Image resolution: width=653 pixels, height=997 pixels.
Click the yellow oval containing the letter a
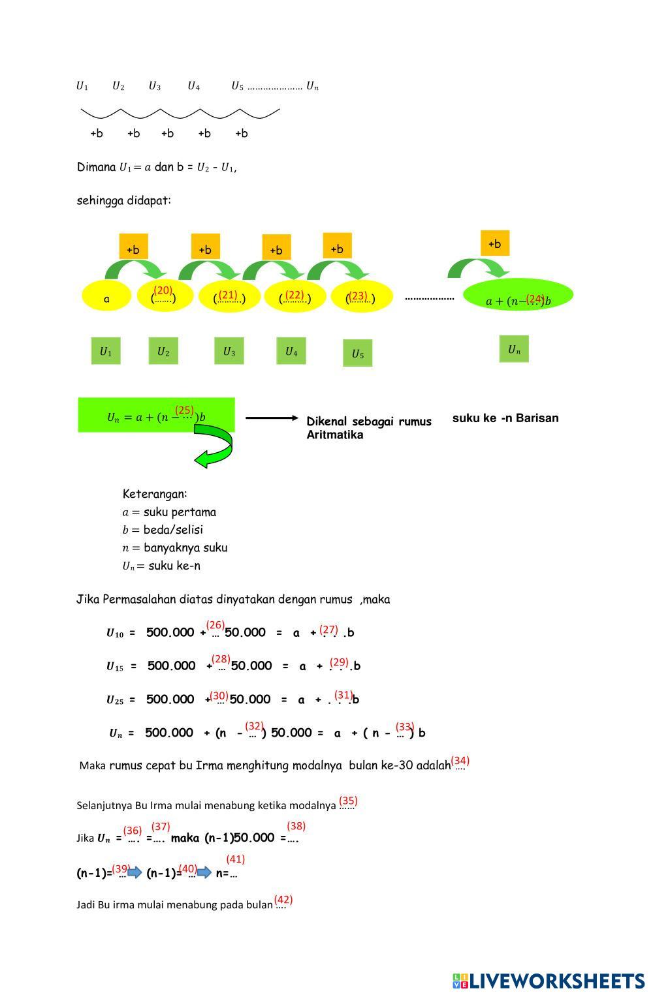pos(106,299)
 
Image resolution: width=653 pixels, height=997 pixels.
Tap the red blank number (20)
pos(163,290)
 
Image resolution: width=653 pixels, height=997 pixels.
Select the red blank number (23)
pos(357,296)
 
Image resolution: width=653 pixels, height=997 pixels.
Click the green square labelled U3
pos(229,352)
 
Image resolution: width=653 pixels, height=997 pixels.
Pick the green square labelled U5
pos(357,354)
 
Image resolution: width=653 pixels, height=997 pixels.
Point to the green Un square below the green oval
pos(514,350)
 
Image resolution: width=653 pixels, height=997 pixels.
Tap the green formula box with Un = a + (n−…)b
pos(156,415)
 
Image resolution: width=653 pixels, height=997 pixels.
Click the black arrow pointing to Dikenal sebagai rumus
pos(271,418)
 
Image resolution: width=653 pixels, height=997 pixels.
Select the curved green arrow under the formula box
pos(215,446)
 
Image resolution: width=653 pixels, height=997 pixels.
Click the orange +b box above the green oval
pos(494,244)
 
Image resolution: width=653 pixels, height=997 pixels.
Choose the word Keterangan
pos(155,494)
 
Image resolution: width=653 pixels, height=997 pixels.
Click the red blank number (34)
pos(460,761)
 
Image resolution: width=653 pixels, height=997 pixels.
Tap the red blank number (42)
pos(283,900)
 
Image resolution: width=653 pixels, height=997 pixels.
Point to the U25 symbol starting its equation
pos(114,700)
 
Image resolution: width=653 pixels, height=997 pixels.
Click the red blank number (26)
pos(215,625)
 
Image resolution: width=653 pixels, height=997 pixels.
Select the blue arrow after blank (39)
pos(135,872)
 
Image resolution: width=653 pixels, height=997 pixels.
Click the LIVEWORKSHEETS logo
pos(549,981)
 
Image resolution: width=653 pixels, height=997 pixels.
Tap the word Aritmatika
pos(335,435)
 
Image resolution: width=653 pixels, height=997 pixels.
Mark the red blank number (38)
pos(296,826)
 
